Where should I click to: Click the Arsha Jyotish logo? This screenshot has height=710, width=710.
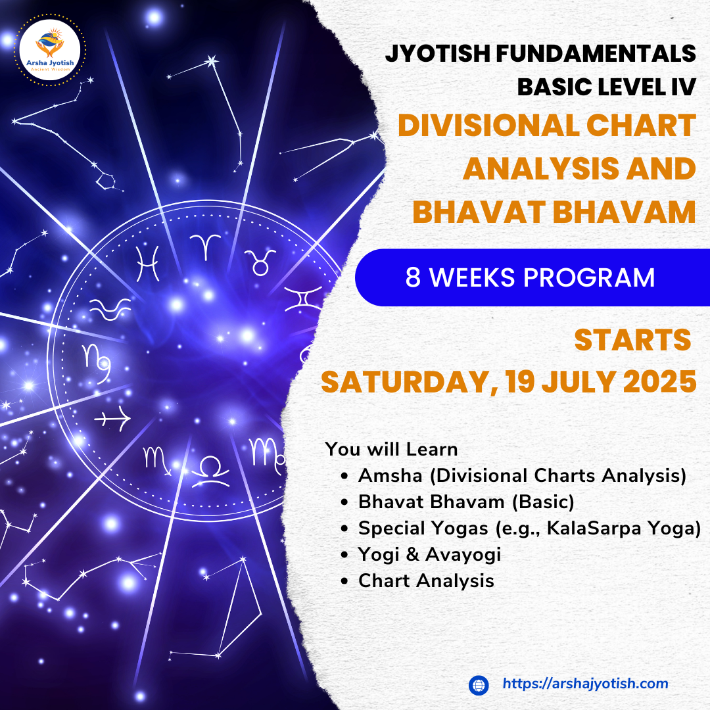coord(50,50)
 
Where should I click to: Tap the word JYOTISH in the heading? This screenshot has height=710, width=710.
coord(438,53)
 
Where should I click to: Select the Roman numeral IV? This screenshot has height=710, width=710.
coord(683,87)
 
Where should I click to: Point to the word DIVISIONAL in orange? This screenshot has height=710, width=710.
coord(488,126)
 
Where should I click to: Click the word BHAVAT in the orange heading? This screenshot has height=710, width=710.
coord(479,212)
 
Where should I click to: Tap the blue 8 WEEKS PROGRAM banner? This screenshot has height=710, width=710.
coord(532,277)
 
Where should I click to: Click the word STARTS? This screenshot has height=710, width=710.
coord(632,340)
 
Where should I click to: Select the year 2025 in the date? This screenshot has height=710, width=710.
coord(660,382)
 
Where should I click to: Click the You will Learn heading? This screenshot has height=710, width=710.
coord(391,449)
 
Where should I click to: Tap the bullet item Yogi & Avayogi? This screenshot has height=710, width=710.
coord(429,555)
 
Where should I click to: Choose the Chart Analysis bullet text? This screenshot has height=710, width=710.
coord(426,581)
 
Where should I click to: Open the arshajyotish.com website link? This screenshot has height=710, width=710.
coord(586,684)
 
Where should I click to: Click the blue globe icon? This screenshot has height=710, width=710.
coord(479,685)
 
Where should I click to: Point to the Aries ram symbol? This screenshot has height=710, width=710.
coord(205,247)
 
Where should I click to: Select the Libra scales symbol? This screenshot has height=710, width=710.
coord(210,471)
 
